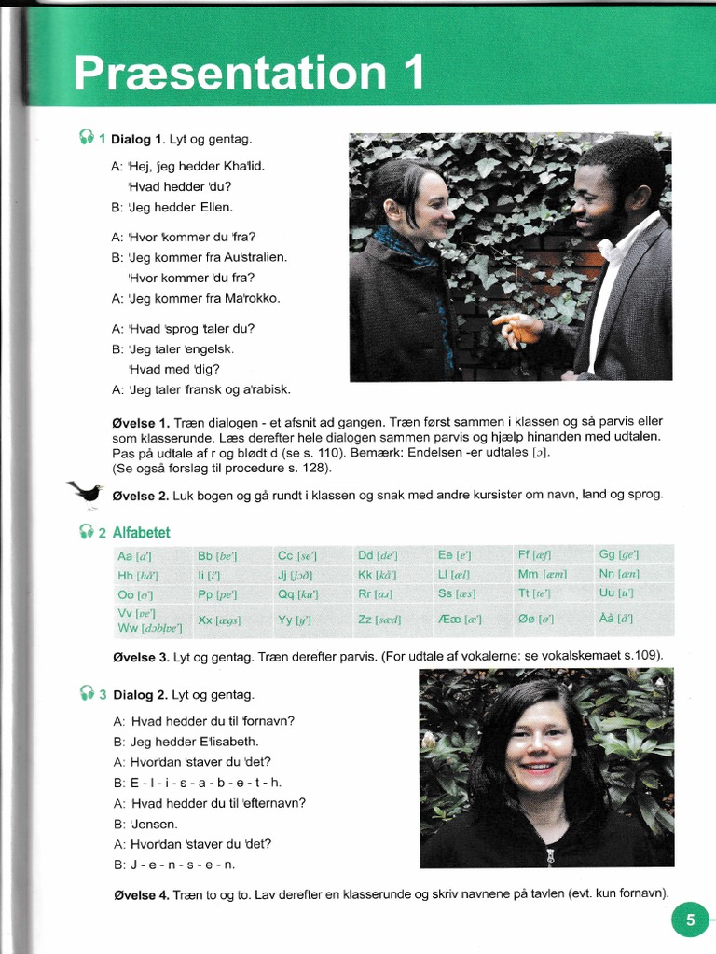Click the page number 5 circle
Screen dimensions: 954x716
point(690,921)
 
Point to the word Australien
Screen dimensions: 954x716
point(254,257)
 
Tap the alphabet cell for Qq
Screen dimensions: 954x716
point(298,593)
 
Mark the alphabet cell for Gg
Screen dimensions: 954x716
point(619,554)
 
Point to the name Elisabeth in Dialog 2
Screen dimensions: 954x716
point(228,742)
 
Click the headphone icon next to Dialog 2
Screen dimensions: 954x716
point(87,693)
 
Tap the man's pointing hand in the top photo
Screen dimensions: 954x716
point(517,327)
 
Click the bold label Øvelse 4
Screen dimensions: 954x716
point(140,894)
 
